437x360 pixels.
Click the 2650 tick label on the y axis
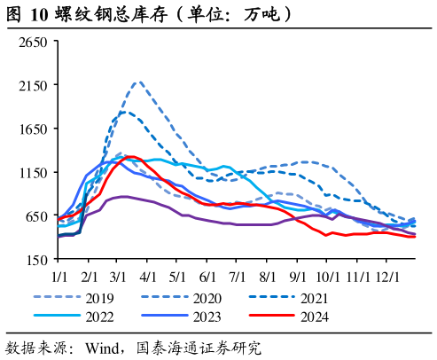33,43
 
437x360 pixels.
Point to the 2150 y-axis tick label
33,86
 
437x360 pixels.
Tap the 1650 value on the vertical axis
33,129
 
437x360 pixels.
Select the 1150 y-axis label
33,173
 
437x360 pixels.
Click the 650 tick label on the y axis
36,216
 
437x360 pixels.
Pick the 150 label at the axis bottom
36,260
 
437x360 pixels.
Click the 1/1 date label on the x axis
59,278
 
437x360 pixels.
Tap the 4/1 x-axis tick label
148,278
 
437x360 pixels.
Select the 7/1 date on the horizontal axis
238,278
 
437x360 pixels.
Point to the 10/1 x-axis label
328,278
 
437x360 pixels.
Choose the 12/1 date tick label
387,278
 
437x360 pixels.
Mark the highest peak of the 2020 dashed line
138,82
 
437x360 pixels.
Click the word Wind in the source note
103,348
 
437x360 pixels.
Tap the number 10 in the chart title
39,14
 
